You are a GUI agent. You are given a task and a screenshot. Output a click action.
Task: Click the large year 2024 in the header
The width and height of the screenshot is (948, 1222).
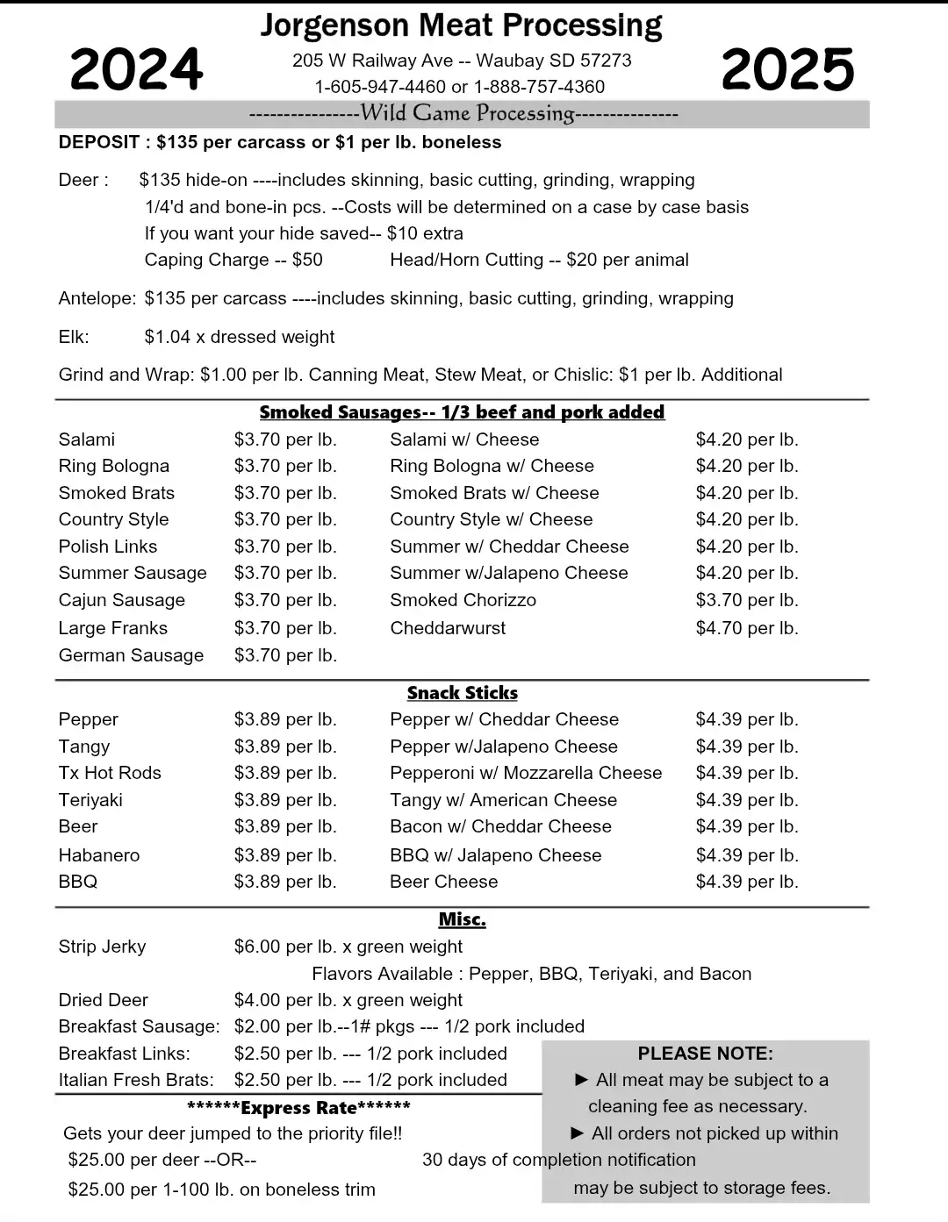tap(136, 69)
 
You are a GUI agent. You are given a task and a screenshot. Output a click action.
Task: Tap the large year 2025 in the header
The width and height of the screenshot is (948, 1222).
tap(787, 69)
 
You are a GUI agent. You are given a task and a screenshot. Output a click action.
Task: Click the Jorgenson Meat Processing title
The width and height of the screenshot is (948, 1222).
tap(461, 25)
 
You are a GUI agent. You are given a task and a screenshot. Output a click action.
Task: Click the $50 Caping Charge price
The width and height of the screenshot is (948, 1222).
tap(307, 260)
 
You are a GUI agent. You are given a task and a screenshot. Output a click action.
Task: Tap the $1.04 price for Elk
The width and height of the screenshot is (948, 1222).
tap(165, 337)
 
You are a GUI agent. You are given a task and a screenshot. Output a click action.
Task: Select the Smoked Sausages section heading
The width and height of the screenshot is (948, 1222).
tap(462, 412)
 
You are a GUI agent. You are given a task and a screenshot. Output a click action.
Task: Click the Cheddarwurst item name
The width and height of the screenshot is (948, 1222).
tap(448, 628)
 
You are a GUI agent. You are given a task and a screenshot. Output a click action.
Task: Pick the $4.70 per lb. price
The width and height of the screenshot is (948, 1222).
tap(747, 628)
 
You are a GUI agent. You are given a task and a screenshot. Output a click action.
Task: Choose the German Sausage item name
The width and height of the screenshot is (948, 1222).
tap(131, 655)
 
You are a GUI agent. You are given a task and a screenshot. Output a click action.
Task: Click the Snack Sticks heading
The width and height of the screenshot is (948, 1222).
tap(463, 693)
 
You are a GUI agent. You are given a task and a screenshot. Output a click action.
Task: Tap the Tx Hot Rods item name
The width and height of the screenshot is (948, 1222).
tap(110, 773)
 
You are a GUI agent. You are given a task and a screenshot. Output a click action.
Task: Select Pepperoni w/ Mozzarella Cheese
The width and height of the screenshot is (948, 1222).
tap(526, 773)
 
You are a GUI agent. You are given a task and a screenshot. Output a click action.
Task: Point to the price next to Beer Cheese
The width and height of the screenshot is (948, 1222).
tap(747, 882)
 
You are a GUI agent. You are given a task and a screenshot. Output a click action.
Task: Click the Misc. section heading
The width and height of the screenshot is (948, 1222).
tap(463, 919)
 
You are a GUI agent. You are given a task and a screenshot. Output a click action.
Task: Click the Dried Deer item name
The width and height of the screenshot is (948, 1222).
tap(104, 1000)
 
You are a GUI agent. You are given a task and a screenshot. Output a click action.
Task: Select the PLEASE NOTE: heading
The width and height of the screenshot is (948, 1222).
tap(706, 1054)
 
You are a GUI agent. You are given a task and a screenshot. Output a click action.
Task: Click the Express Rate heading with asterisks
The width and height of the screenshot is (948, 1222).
tap(299, 1107)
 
